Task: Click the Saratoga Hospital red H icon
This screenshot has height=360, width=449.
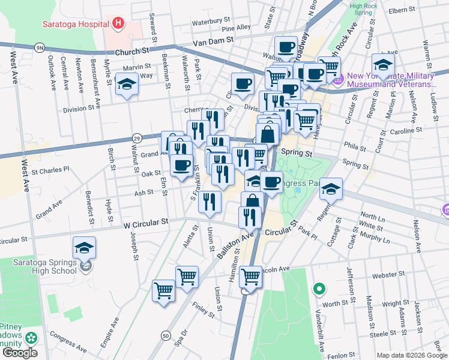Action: [x=118, y=24]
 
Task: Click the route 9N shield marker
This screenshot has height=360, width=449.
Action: [x=40, y=46]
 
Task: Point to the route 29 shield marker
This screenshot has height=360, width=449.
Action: [x=137, y=138]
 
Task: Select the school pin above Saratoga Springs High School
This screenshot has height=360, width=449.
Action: [x=84, y=247]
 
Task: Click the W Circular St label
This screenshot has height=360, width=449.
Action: [x=146, y=223]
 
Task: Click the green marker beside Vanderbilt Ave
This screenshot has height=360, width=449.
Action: [x=319, y=290]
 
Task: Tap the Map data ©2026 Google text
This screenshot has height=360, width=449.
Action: [x=411, y=355]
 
